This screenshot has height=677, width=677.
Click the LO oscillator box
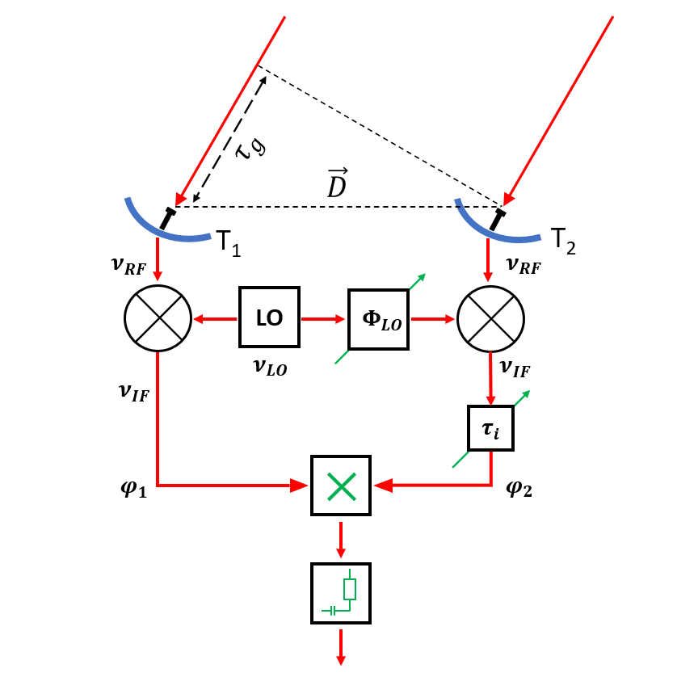click(x=270, y=317)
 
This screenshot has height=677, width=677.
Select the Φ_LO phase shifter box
click(x=378, y=319)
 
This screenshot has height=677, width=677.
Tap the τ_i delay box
click(x=490, y=428)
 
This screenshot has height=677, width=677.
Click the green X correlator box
click(x=341, y=485)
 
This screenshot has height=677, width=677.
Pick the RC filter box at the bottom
click(x=341, y=593)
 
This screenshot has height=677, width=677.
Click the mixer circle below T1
click(x=158, y=317)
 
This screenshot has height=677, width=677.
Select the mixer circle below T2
click(x=491, y=317)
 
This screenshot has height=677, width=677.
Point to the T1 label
click(x=228, y=242)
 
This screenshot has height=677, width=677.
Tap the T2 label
click(x=562, y=242)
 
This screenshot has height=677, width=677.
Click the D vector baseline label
click(x=338, y=183)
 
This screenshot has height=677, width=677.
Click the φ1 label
click(x=131, y=489)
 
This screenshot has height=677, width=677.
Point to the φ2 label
click(x=519, y=488)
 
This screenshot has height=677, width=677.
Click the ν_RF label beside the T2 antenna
click(x=523, y=264)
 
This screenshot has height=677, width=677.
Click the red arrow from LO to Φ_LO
click(x=324, y=319)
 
